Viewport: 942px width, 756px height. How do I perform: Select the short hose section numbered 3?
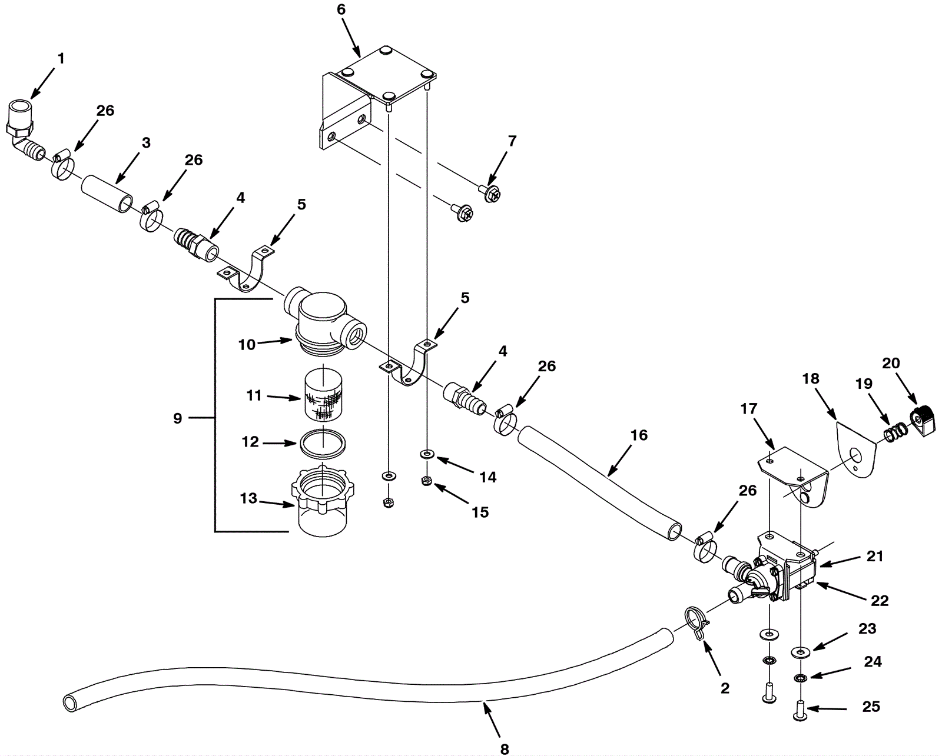107,193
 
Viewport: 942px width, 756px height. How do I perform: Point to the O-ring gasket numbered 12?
323,444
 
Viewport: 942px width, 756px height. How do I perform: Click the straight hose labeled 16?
601,479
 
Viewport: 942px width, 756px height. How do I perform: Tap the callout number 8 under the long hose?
505,749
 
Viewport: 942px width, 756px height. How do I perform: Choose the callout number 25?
871,706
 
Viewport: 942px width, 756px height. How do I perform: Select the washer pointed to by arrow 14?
426,454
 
